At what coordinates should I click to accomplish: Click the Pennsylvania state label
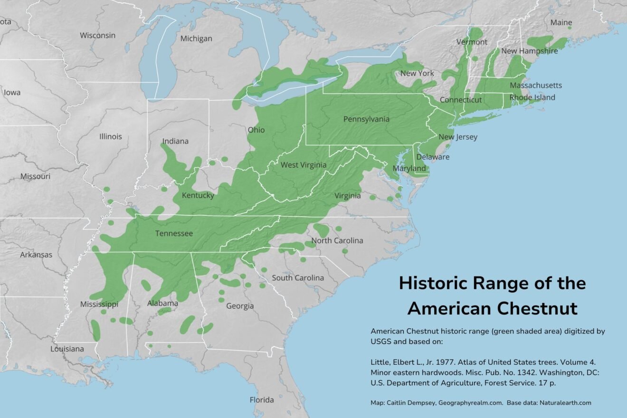pyautogui.click(x=366, y=119)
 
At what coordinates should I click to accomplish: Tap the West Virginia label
pyautogui.click(x=303, y=165)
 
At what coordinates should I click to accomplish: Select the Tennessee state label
pyautogui.click(x=174, y=233)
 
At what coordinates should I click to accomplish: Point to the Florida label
pyautogui.click(x=262, y=399)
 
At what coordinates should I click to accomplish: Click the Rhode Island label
pyautogui.click(x=532, y=97)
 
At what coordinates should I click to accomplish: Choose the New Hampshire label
pyautogui.click(x=529, y=51)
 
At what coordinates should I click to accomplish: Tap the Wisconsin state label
pyautogui.click(x=97, y=35)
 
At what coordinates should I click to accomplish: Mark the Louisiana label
pyautogui.click(x=67, y=349)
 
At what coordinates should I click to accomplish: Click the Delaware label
pyautogui.click(x=433, y=157)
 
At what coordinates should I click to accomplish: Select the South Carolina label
pyautogui.click(x=298, y=277)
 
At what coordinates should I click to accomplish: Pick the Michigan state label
pyautogui.click(x=196, y=38)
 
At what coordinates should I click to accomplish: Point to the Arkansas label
pyautogui.click(x=36, y=255)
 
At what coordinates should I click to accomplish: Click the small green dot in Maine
pyautogui.click(x=570, y=28)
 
